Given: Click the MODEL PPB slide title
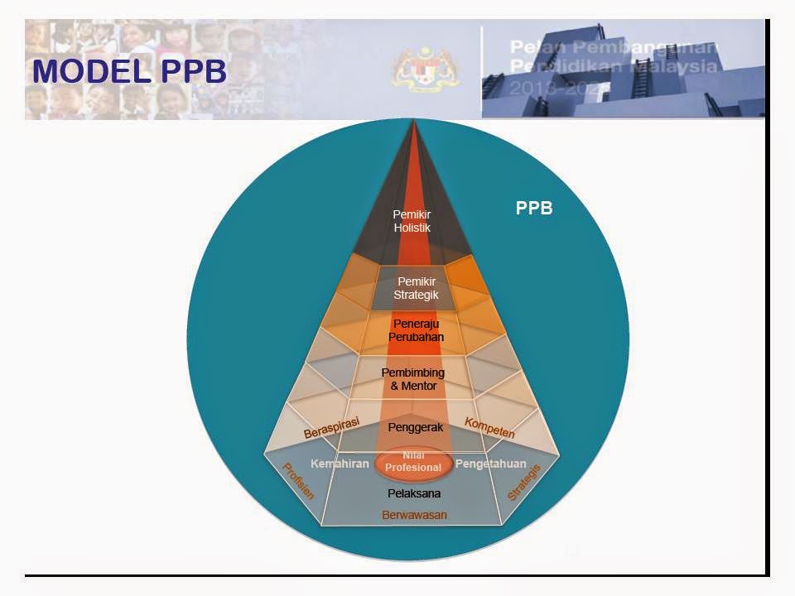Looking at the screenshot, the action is [x=129, y=71].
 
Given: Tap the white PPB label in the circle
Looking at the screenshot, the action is [x=534, y=209].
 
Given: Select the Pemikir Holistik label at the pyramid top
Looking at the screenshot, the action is [x=412, y=221].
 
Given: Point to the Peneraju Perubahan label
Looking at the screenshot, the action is [x=416, y=330].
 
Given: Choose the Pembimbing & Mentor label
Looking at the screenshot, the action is [x=412, y=379].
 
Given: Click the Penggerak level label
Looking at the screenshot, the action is [x=416, y=427].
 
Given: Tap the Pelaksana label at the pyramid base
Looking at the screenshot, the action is [x=414, y=493].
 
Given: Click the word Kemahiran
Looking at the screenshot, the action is [x=340, y=464].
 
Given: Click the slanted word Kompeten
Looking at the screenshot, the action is [x=489, y=428].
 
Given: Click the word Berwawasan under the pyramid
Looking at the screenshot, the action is [x=414, y=515].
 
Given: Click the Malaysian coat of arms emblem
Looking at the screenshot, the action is [x=414, y=70].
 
